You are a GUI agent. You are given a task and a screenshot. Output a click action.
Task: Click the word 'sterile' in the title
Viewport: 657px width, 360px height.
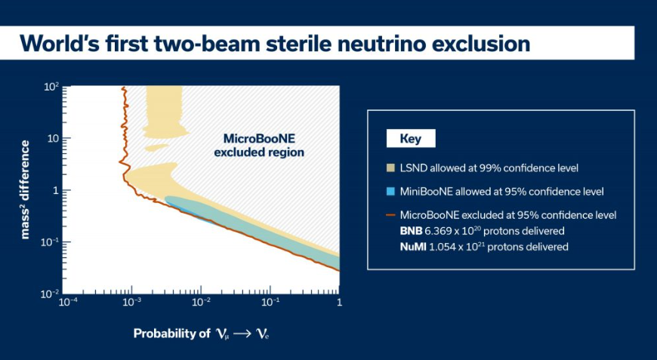coord(289,43)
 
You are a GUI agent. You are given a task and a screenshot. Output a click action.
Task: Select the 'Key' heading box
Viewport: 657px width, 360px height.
coord(411,139)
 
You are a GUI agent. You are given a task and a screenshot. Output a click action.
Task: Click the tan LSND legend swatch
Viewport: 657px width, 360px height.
coord(390,168)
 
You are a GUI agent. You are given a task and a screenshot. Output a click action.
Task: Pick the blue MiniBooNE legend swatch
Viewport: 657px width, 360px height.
coord(390,192)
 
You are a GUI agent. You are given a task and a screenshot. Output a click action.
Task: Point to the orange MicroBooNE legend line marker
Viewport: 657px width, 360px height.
coord(390,215)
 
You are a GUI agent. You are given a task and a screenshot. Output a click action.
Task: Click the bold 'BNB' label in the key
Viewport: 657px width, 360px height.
coord(411,231)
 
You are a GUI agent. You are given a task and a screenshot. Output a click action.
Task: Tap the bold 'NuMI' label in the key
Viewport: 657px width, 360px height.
coord(413,247)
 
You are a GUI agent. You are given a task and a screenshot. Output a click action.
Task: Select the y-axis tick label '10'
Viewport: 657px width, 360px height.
coord(53,138)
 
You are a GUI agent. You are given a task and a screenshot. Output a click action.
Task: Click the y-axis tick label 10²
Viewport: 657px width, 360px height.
coord(51,88)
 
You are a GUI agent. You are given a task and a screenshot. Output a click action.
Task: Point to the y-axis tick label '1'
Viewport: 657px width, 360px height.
coord(56,190)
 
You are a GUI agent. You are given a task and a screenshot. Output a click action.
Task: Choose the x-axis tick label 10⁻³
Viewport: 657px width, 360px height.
coord(131,302)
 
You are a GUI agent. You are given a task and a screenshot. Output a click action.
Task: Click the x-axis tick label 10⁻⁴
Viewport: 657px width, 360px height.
coord(67,302)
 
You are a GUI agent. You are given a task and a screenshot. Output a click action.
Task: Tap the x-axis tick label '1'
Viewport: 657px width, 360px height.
coord(339,302)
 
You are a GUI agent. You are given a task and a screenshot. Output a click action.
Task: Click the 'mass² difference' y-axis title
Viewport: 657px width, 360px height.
coord(26,190)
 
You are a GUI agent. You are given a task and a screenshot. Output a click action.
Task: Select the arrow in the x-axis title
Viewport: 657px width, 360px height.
coord(243,334)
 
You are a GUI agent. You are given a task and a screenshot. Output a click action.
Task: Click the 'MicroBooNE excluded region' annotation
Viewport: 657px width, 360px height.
coord(259,145)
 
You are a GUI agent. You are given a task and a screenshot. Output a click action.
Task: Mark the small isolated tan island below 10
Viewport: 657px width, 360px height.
coord(156,147)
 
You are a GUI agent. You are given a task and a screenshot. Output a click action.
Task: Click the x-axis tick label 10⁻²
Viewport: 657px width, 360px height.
coord(201,302)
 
